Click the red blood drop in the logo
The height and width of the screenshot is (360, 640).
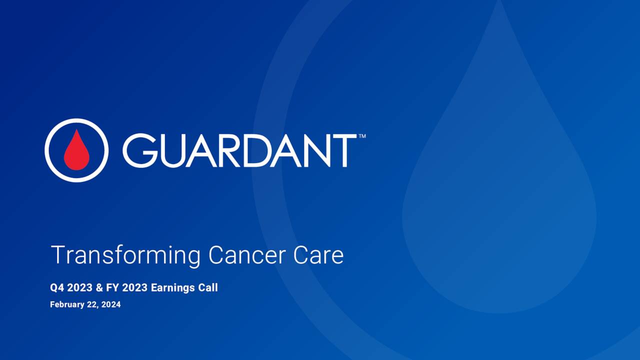click(x=76, y=150)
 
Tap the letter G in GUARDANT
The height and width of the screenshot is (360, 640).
click(x=138, y=150)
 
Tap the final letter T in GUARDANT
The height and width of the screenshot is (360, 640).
click(x=345, y=150)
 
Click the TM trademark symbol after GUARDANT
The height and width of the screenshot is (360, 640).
click(x=362, y=136)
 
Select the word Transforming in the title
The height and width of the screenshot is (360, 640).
click(x=125, y=255)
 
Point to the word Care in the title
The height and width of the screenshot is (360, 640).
click(x=318, y=255)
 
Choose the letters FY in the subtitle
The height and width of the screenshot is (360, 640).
click(x=112, y=288)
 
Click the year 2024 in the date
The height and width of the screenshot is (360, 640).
click(x=111, y=304)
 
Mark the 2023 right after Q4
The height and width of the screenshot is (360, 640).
click(x=79, y=288)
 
